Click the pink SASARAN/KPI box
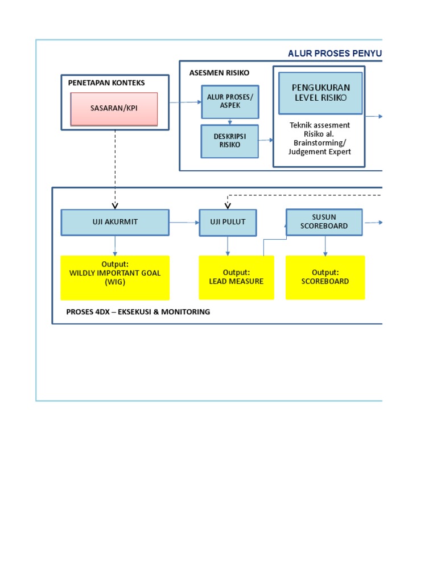114,109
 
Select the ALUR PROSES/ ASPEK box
229,101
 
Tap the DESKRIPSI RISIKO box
229,141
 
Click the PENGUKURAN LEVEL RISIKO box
320,93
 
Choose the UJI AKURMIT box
115,222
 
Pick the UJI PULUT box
228,222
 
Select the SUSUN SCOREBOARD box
324,221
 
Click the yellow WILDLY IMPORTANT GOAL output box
115,277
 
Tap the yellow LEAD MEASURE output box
236,277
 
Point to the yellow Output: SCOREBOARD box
325,277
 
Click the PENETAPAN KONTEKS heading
106,83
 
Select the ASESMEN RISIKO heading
219,73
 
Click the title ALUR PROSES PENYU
335,54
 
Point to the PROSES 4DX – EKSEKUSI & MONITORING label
138,312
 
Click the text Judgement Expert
319,151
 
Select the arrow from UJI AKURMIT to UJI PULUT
184,222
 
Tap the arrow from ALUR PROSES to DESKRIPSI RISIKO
229,121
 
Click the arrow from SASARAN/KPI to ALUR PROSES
185,102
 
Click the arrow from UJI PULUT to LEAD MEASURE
228,246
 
